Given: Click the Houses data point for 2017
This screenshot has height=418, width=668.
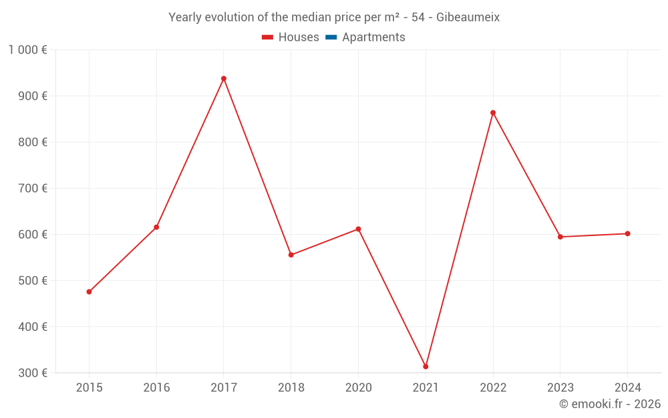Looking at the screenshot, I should pyautogui.click(x=224, y=79).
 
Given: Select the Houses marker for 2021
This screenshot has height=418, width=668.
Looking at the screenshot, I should pyautogui.click(x=426, y=367).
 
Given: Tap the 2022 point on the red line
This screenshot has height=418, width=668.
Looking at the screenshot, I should pyautogui.click(x=493, y=113).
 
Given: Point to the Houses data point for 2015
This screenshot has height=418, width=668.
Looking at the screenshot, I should pyautogui.click(x=89, y=292).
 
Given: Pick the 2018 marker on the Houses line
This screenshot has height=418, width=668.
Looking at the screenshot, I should pyautogui.click(x=291, y=255).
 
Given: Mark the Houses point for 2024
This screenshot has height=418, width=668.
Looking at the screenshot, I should pyautogui.click(x=627, y=233).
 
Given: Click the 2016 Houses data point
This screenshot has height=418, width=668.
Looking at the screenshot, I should pyautogui.click(x=156, y=227).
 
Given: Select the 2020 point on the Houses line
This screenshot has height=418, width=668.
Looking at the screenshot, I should pyautogui.click(x=358, y=229).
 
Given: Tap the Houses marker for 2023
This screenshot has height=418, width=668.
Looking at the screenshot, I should pyautogui.click(x=560, y=237).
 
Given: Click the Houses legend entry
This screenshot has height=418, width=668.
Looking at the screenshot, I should pyautogui.click(x=291, y=37).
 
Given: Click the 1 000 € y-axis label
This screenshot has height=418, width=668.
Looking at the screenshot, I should pyautogui.click(x=27, y=50).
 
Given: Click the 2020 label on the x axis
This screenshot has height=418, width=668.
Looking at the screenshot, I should pyautogui.click(x=358, y=387).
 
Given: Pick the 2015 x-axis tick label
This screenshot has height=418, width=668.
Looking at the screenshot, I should pyautogui.click(x=89, y=387).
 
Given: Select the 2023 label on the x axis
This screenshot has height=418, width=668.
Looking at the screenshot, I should pyautogui.click(x=560, y=387).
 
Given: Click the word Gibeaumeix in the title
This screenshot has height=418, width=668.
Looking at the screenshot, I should pyautogui.click(x=468, y=17).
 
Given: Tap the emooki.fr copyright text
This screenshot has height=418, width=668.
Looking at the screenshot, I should pyautogui.click(x=610, y=404).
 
